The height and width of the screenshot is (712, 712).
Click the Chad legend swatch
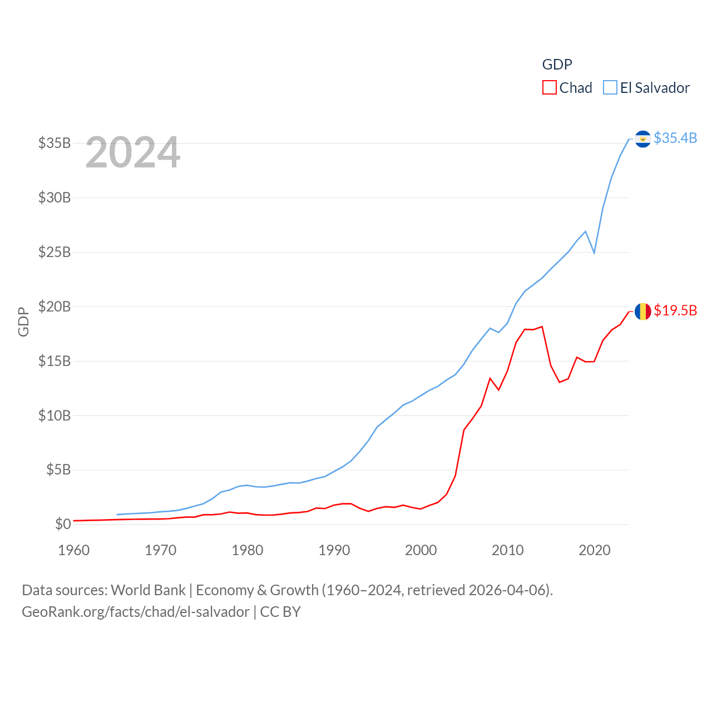click(549, 88)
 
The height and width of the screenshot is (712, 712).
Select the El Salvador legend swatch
click(610, 88)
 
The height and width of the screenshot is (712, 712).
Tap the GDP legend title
click(557, 65)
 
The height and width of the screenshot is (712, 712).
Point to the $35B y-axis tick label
click(55, 143)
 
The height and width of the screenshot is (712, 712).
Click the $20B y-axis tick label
click(55, 306)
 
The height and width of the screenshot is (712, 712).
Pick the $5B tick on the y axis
click(58, 469)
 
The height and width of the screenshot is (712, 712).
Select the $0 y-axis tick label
click(63, 524)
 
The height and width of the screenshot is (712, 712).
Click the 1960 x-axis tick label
click(74, 550)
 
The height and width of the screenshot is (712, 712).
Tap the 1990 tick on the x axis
click(334, 550)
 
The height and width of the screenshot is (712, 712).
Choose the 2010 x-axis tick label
click(508, 550)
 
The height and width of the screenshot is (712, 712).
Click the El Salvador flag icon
click(642, 139)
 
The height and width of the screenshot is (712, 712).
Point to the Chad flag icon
click(642, 311)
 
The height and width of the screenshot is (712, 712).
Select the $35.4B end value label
click(675, 138)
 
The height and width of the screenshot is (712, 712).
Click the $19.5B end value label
click(675, 310)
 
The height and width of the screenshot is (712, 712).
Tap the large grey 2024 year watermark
click(132, 152)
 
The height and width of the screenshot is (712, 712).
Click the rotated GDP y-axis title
click(23, 322)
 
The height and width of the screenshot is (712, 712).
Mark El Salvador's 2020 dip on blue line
click(594, 253)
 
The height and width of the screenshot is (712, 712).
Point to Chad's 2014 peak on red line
click(542, 327)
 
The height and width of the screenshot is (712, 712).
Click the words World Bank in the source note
click(148, 590)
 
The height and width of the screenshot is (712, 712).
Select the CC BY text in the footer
click(280, 612)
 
